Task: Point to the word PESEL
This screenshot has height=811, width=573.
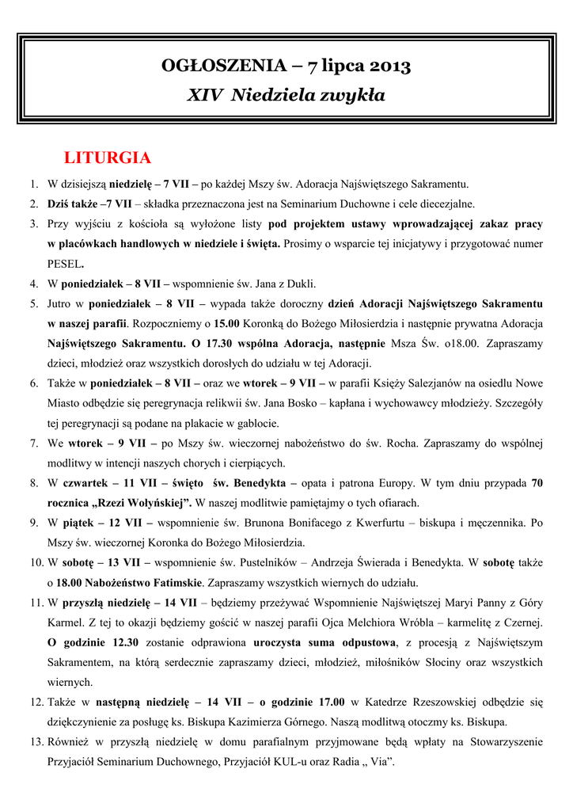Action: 64,263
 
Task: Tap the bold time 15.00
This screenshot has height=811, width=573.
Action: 226,323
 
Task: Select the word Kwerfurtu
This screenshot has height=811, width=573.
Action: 388,523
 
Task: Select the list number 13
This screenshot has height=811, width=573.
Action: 35,742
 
